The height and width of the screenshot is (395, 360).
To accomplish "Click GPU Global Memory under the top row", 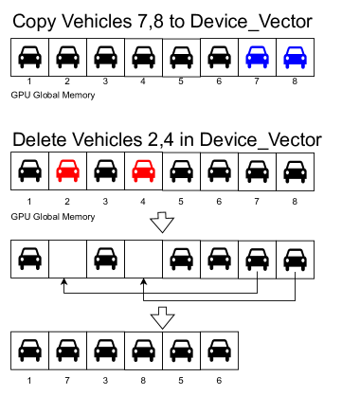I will (x=51, y=96).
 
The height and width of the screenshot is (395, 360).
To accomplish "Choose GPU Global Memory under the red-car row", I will (x=51, y=217).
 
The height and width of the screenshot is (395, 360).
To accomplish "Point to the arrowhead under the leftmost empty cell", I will (x=63, y=283).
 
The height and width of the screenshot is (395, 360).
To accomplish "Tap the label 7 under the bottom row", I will (x=67, y=381).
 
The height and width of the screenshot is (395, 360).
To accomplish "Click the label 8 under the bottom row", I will (x=144, y=381).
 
